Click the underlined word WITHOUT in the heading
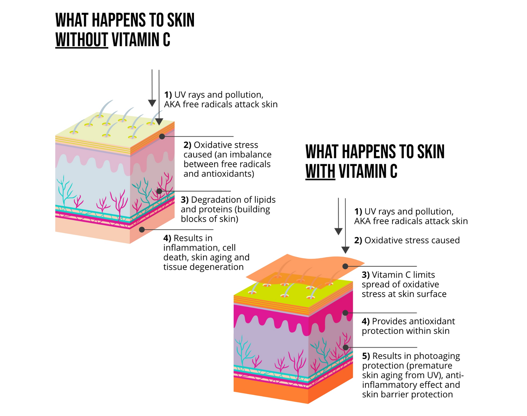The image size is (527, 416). coord(82,39)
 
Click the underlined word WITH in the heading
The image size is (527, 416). coord(320,171)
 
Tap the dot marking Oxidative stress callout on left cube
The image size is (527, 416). coord(162,136)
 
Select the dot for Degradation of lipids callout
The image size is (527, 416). coord(159,191)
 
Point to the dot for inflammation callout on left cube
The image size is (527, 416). coord(142,230)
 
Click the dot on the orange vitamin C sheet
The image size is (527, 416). coord(345,266)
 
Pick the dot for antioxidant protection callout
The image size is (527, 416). coord(345,313)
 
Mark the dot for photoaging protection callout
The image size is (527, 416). coord(346,348)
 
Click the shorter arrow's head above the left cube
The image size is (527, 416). coord(152,103)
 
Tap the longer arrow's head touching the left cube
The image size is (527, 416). coord(159,121)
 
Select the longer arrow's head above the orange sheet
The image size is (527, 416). coord(345,250)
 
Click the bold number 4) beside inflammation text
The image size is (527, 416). coord(167,238)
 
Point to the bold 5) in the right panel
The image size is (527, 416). coord(366,356)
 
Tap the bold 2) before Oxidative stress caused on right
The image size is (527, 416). coord(358,240)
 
